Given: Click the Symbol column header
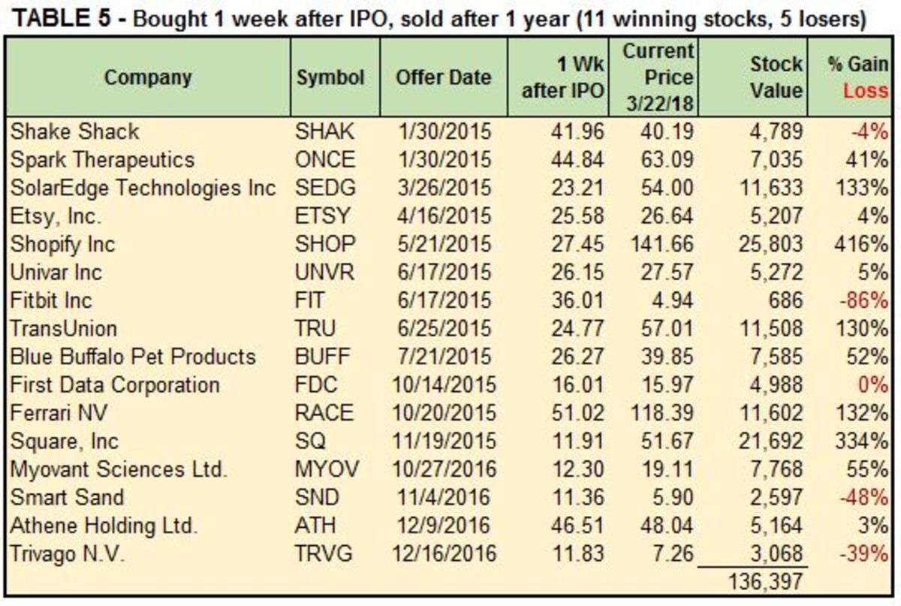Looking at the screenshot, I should click(330, 77).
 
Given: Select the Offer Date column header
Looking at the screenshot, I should click(444, 77).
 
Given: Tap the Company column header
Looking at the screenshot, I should click(148, 77).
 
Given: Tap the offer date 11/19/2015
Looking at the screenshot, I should click(444, 441).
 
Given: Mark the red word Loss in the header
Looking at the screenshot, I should click(866, 92).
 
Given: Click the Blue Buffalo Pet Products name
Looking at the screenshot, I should click(133, 357).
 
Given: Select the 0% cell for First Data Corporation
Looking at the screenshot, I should click(875, 384).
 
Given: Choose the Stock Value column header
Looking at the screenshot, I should click(776, 77).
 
